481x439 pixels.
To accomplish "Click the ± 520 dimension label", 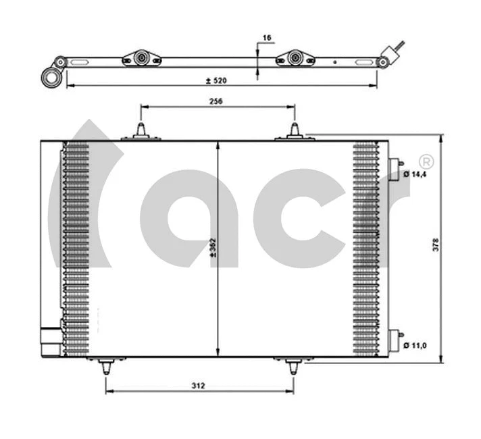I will pyautogui.click(x=216, y=80).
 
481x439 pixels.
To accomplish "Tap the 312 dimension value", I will pyautogui.click(x=198, y=386).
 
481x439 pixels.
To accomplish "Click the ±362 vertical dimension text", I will pyautogui.click(x=213, y=248).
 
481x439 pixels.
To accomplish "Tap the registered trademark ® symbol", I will pyautogui.click(x=426, y=161).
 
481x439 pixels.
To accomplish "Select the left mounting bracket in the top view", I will pyautogui.click(x=141, y=59).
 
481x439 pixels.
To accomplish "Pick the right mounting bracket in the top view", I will pyautogui.click(x=295, y=59).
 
